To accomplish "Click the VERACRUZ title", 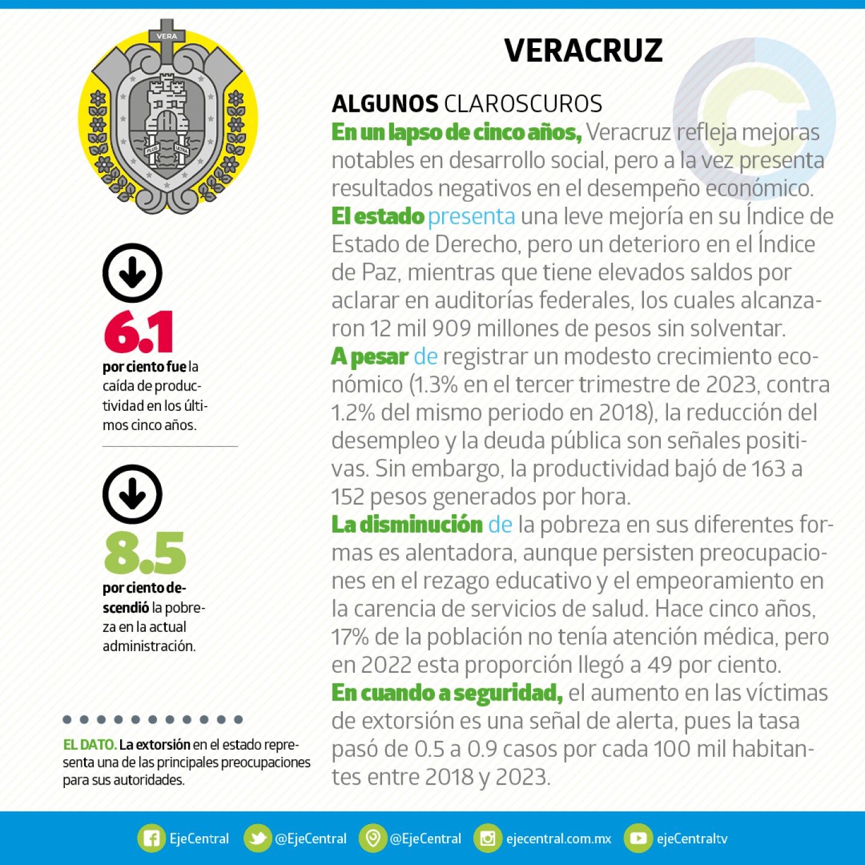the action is coord(583,50).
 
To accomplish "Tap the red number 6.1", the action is coord(139,332).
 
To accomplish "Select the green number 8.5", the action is coord(145,553).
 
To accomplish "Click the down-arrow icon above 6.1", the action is coord(132,273).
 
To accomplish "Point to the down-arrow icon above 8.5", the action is coord(132,494).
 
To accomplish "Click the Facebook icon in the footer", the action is coord(151,839).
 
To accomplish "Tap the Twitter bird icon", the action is coord(258,839).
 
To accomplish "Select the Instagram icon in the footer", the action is coord(488,839).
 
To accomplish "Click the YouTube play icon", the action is coord(638,839).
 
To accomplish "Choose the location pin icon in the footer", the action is coord(373,839).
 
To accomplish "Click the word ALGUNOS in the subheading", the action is coord(384,104).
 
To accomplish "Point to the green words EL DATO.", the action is coord(90,745).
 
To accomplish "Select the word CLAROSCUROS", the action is coord(523,104).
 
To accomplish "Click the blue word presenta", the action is coord(472,216).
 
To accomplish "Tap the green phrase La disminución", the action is coord(407,524).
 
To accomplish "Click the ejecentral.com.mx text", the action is coord(559,839).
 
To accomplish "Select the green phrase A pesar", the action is coord(369,357).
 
